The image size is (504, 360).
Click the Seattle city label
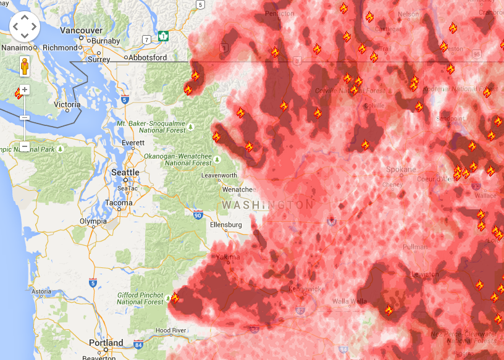(125, 172)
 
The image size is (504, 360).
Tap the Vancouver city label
(81, 30)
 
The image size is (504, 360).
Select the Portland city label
(106, 343)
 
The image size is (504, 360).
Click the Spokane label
(401, 169)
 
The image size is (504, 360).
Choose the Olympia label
(93, 221)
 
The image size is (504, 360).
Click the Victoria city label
(67, 104)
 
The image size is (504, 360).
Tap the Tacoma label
(119, 203)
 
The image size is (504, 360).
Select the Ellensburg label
(226, 225)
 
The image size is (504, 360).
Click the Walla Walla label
(350, 301)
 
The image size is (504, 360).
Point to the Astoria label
(41, 291)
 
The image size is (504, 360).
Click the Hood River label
(171, 331)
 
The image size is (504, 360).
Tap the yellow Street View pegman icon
(25, 65)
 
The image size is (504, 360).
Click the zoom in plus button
(25, 90)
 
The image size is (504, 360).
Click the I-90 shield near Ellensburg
(198, 215)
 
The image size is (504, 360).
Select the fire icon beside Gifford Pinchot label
(175, 298)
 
